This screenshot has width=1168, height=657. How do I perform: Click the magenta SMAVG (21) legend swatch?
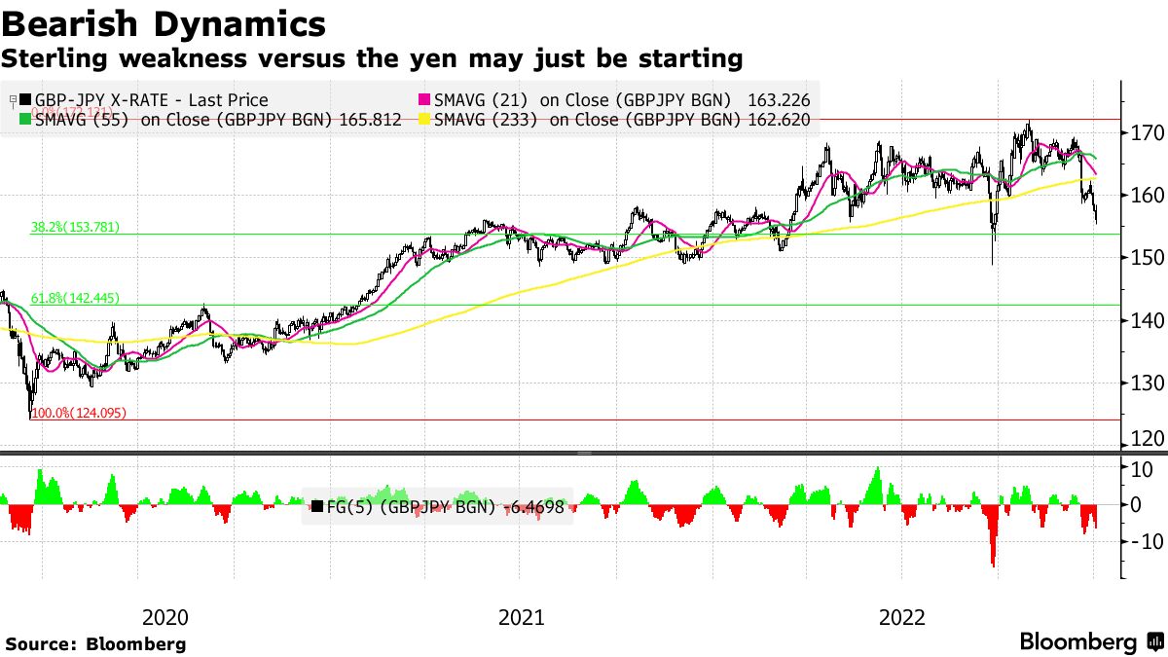coord(424,100)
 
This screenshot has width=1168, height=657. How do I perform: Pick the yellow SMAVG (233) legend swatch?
coord(424,120)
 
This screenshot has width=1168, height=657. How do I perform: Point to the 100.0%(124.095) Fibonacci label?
coord(79,414)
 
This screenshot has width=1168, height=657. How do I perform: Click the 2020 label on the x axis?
coord(164,616)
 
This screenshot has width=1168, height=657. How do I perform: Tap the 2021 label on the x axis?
coord(522,616)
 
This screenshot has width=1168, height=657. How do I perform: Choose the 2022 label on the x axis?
coord(901,616)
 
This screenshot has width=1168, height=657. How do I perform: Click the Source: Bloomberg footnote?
coord(95,643)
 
